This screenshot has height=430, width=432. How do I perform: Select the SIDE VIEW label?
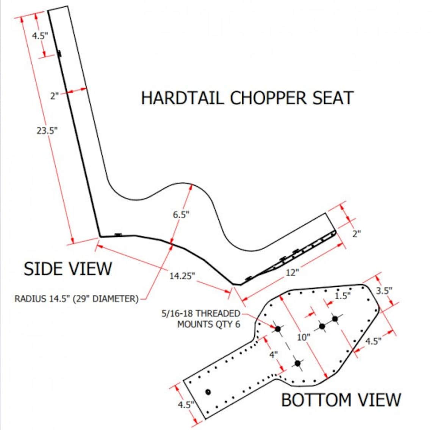click(68, 269)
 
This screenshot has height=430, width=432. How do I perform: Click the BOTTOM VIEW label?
click(341, 400)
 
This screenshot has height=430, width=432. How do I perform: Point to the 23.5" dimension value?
click(47, 131)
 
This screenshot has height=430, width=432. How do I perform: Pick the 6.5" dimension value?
click(181, 215)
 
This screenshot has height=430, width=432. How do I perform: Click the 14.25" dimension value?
click(182, 276)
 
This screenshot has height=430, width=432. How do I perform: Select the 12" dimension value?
click(292, 272)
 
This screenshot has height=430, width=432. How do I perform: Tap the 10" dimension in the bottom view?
click(303, 337)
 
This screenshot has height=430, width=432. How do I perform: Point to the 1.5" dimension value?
click(343, 296)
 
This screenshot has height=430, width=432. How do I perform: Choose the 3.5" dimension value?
click(384, 291)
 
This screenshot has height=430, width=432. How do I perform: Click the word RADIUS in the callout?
click(30, 299)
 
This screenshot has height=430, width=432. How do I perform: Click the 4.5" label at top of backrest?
click(39, 36)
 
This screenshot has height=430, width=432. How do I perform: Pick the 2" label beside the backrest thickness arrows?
click(54, 96)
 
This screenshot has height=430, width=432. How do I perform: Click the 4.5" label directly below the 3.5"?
click(373, 341)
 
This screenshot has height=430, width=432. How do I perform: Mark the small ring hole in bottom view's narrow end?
click(208, 392)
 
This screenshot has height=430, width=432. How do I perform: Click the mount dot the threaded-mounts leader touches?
click(277, 329)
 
